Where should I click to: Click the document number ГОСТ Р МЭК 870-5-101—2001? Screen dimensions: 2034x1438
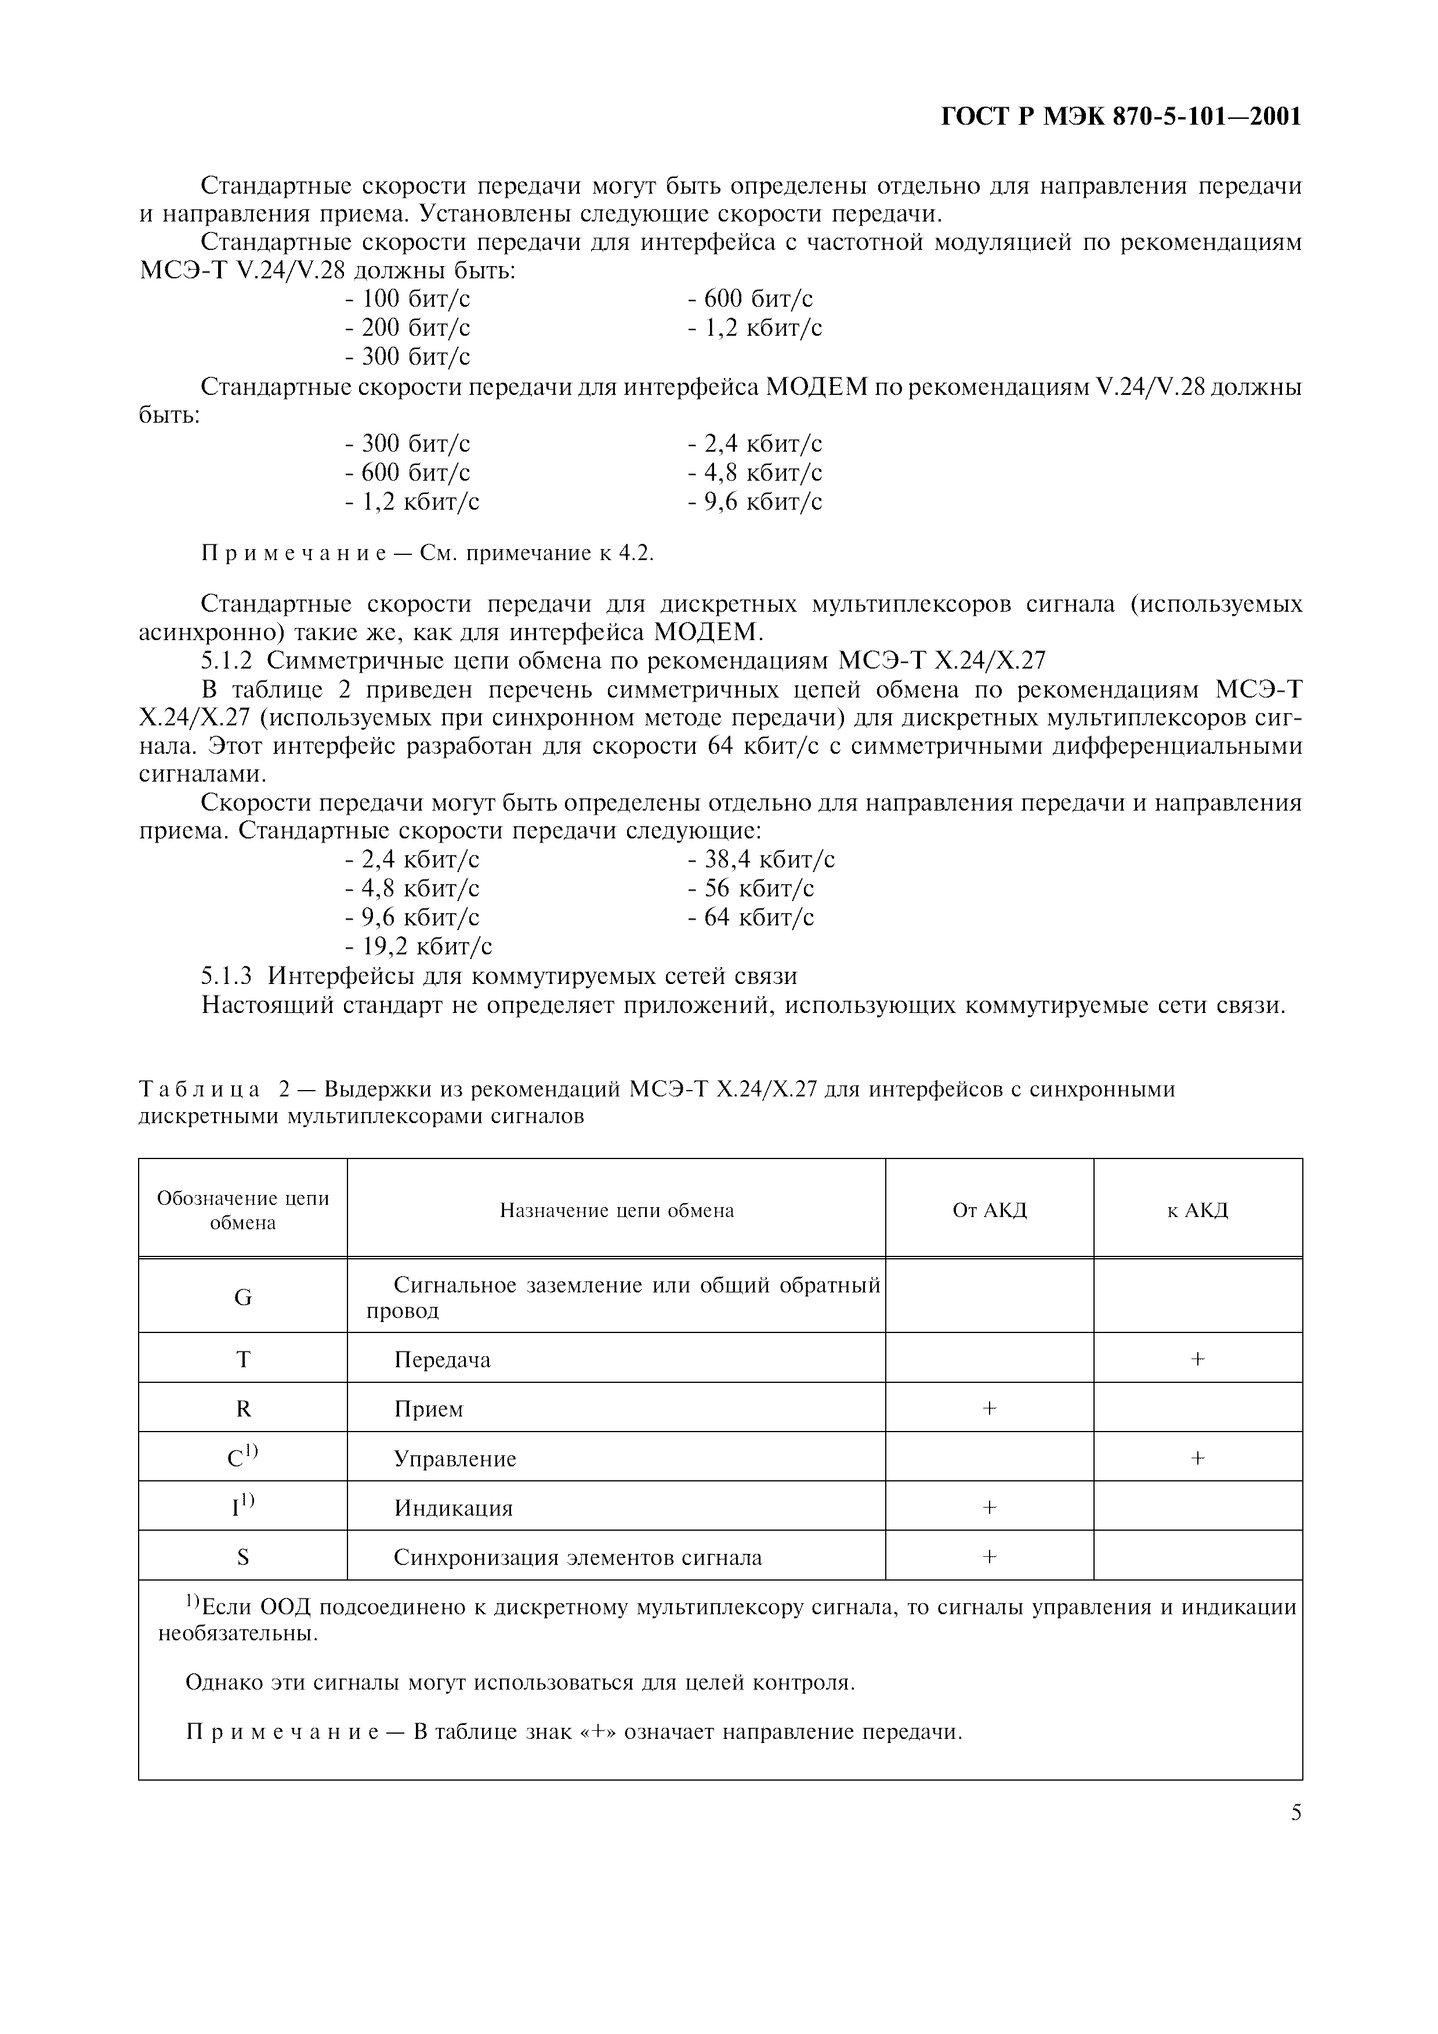tap(1120, 117)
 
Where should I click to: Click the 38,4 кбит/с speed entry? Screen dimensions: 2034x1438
tap(761, 859)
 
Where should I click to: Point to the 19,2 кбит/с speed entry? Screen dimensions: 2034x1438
tap(418, 946)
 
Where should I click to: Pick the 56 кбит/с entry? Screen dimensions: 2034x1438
tap(751, 888)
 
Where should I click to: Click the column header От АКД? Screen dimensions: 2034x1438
tap(989, 1210)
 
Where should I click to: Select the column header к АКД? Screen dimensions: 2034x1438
tap(1197, 1210)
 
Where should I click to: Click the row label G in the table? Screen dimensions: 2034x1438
tap(243, 1298)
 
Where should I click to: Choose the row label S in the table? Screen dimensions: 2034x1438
tap(243, 1557)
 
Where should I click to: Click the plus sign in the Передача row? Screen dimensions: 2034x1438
tap(1197, 1359)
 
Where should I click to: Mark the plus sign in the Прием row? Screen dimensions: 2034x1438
tap(989, 1408)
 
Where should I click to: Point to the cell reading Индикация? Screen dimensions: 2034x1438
tap(453, 1508)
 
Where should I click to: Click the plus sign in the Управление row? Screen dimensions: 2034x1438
tap(1197, 1458)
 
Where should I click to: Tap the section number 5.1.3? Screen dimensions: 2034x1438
tap(227, 975)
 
